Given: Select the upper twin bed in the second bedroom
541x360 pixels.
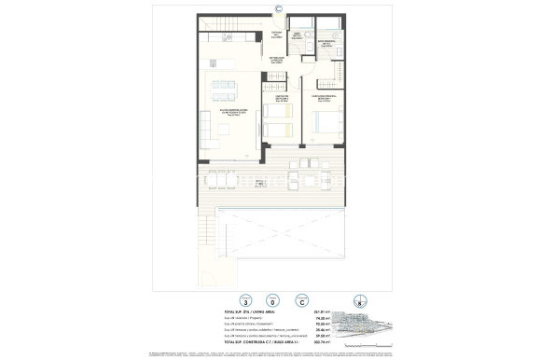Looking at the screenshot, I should click(x=276, y=113).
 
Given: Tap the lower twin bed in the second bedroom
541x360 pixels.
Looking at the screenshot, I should click(x=276, y=132).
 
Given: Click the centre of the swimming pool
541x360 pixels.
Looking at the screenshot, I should click(x=280, y=242).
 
